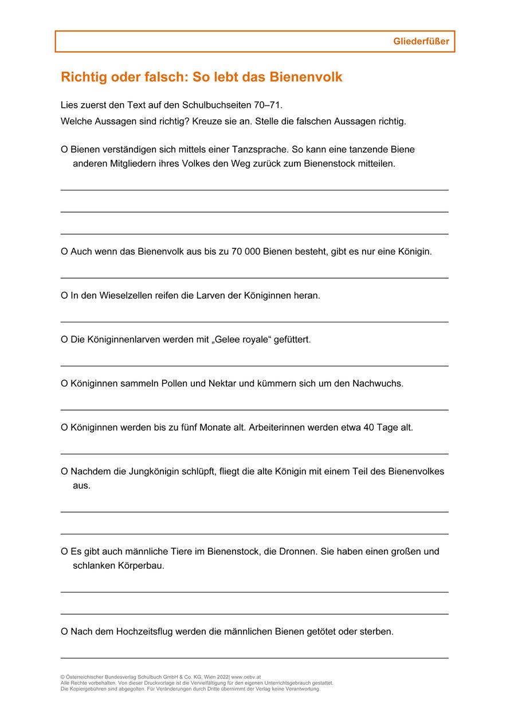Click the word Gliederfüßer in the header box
click(x=421, y=41)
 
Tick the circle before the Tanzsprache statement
click(x=64, y=150)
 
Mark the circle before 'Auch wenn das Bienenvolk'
click(x=64, y=252)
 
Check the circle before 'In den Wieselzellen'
click(x=64, y=296)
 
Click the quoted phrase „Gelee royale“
click(x=242, y=339)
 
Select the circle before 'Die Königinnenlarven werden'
click(x=64, y=339)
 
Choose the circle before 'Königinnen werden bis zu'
click(x=64, y=428)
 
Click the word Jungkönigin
click(x=146, y=471)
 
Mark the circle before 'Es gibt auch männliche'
click(x=64, y=552)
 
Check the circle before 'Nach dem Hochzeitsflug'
click(x=64, y=632)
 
